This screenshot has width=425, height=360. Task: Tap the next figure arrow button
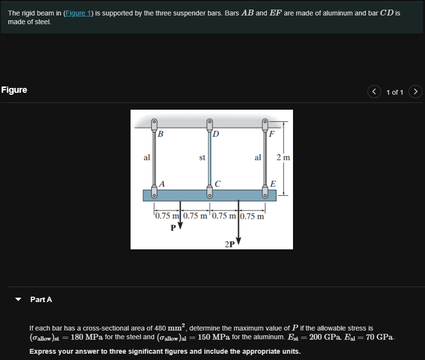(x=415, y=91)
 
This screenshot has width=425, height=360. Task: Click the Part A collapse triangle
(x=18, y=300)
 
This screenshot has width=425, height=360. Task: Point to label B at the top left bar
(x=160, y=134)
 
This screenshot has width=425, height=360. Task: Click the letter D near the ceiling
(x=216, y=134)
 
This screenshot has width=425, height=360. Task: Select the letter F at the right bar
(x=272, y=134)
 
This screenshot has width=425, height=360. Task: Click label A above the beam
(x=162, y=184)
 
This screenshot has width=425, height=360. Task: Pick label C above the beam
(x=218, y=184)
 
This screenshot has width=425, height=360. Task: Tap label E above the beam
(x=273, y=184)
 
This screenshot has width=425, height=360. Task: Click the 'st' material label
(x=203, y=158)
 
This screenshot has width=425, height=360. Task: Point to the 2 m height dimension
(x=283, y=158)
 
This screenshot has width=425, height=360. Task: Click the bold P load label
(x=173, y=228)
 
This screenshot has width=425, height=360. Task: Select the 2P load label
(x=230, y=244)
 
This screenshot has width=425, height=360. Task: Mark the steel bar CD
(x=210, y=157)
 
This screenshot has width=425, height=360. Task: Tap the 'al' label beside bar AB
(x=147, y=158)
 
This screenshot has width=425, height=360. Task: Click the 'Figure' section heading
(x=15, y=90)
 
